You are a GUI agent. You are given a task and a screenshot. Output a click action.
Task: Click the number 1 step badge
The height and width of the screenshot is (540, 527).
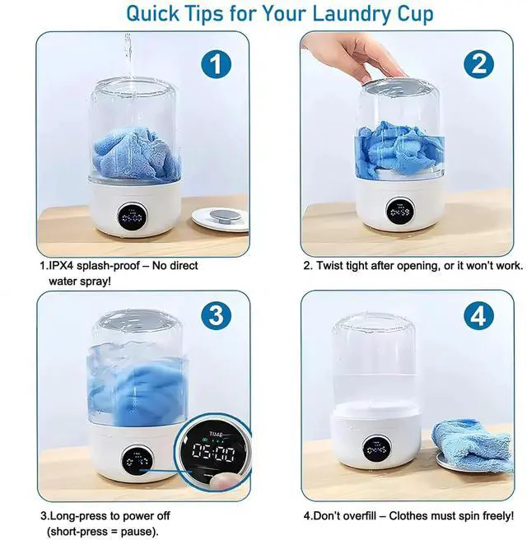tap(216, 64)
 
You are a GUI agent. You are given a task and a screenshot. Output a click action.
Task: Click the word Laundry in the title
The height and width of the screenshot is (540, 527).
tap(319, 14)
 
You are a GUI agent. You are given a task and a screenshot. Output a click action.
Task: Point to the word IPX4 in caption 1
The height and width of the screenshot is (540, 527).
tap(64, 266)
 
